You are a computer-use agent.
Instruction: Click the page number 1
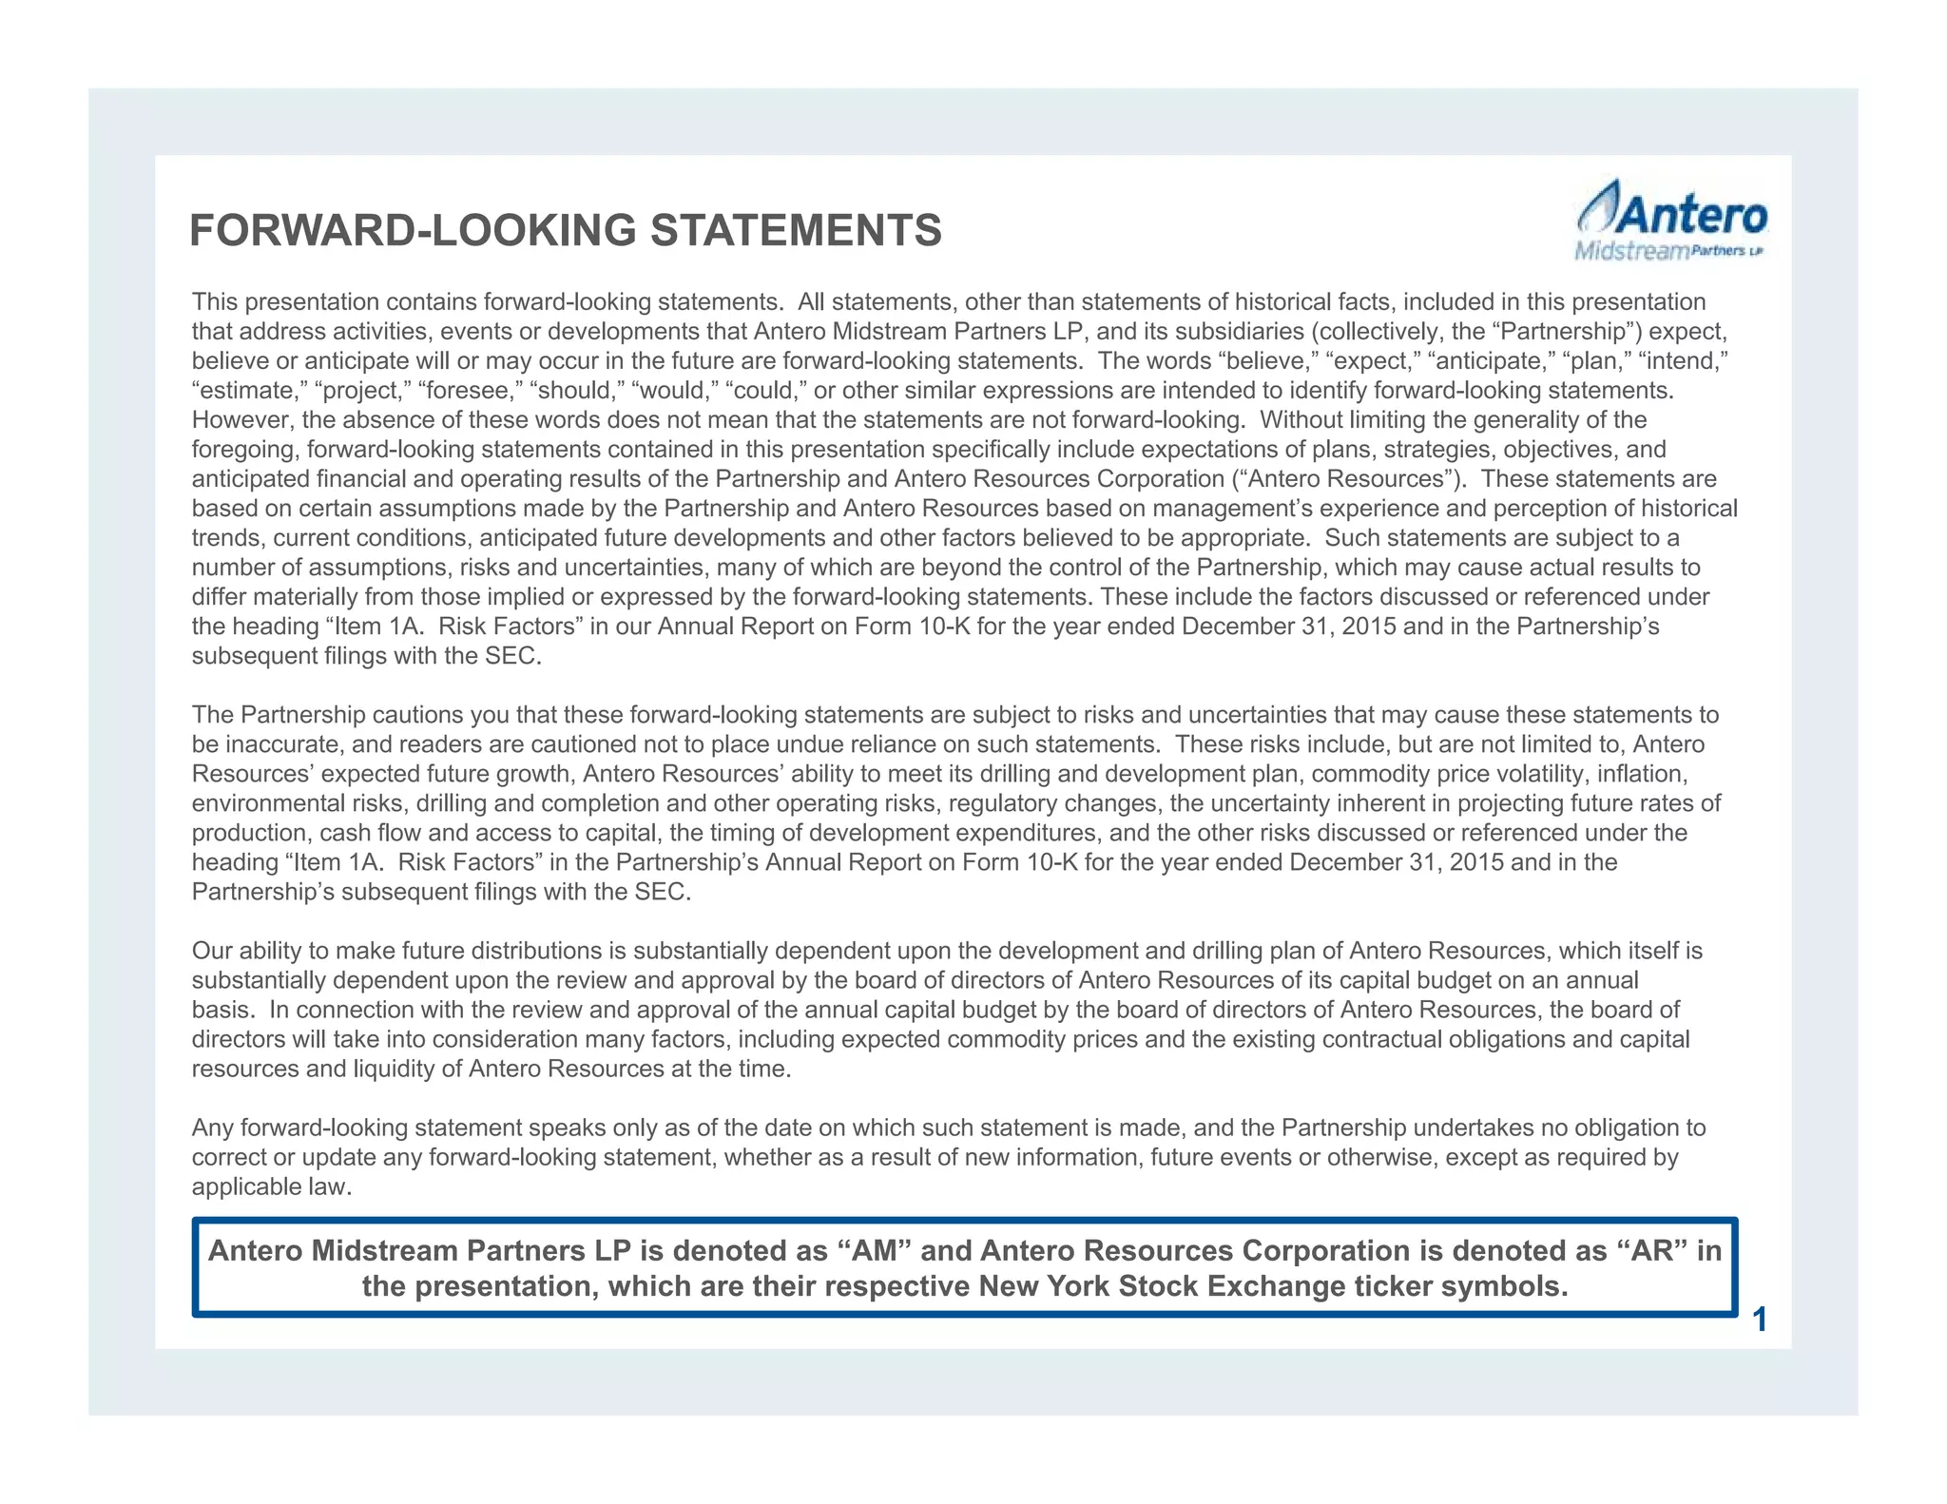(x=1760, y=1321)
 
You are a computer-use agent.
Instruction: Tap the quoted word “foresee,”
(x=470, y=391)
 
